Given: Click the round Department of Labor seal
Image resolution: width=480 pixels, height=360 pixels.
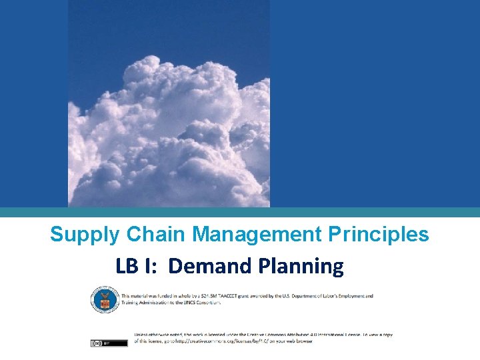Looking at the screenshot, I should pyautogui.click(x=103, y=299).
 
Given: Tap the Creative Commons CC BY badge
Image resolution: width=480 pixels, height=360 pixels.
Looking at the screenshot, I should pyautogui.click(x=109, y=343).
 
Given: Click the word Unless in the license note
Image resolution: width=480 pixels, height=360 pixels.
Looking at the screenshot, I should pyautogui.click(x=143, y=334).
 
